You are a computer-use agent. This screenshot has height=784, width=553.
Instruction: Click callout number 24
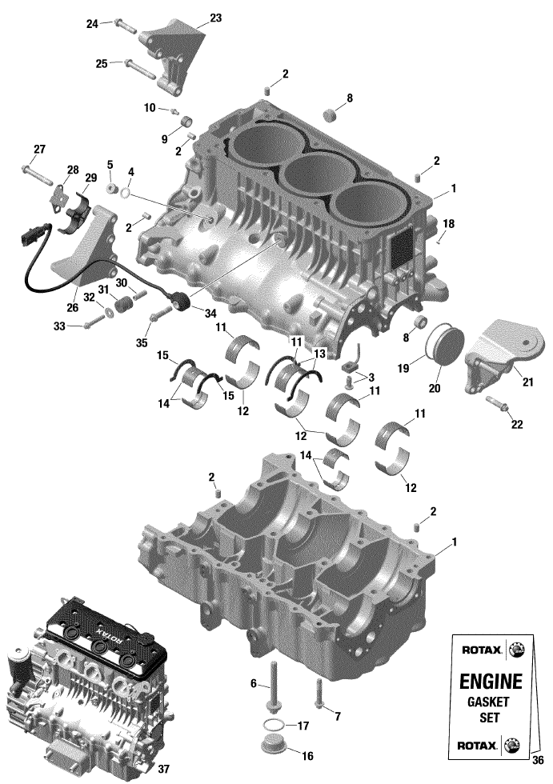(x=93, y=23)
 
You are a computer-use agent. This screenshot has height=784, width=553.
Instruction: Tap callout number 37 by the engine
(x=163, y=768)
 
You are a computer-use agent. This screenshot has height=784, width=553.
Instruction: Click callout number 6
(x=254, y=683)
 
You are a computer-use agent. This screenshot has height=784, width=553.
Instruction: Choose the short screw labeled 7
(x=319, y=693)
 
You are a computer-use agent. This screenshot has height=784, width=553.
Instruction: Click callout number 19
(x=403, y=368)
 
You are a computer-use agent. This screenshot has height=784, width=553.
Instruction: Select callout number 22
(x=516, y=424)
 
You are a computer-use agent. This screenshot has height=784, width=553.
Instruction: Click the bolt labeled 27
(x=37, y=174)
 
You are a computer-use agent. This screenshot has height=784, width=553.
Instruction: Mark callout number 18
(x=449, y=223)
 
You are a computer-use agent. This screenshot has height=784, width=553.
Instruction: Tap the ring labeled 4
(x=127, y=193)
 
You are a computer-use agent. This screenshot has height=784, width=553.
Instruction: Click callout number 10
(x=150, y=107)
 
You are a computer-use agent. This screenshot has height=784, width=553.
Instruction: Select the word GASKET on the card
(x=488, y=702)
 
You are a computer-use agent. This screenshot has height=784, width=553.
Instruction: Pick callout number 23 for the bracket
(x=215, y=18)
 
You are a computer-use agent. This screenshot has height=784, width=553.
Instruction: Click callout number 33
(x=59, y=326)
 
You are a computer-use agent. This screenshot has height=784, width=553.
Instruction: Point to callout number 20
(x=435, y=387)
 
